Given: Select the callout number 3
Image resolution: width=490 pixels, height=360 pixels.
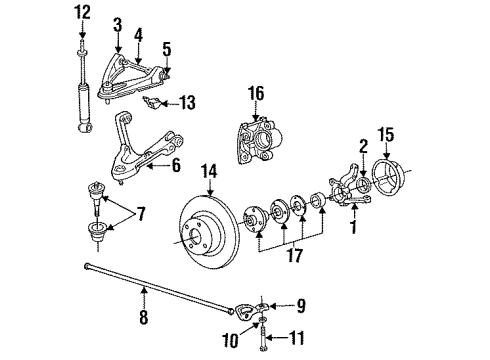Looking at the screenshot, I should pos(118,23).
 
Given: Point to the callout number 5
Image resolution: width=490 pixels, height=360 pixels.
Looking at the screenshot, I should pos(167,48).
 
